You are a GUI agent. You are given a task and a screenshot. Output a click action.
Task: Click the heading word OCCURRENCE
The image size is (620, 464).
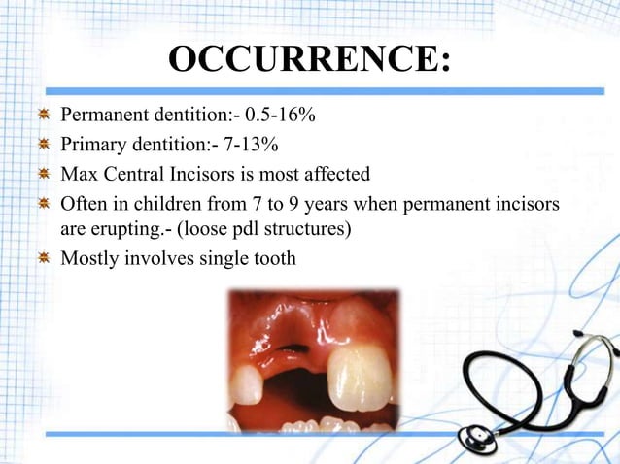(x=309, y=59)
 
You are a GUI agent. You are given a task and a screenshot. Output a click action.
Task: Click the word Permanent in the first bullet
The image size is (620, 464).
(x=103, y=116)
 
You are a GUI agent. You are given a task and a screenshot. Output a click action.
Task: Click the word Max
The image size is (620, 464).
(x=78, y=175)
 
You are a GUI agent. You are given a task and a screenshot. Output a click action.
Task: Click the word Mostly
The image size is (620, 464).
(x=89, y=259)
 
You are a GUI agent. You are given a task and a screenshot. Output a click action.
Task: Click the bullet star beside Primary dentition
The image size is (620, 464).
(x=43, y=146)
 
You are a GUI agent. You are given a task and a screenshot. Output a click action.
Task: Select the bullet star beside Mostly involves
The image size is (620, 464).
(x=43, y=259)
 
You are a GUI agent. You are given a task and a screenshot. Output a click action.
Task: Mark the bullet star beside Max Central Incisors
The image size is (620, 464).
(x=43, y=175)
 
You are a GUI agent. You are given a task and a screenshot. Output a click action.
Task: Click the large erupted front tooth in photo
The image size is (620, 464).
(x=357, y=378)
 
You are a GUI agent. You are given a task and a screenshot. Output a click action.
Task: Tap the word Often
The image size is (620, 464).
(x=85, y=205)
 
